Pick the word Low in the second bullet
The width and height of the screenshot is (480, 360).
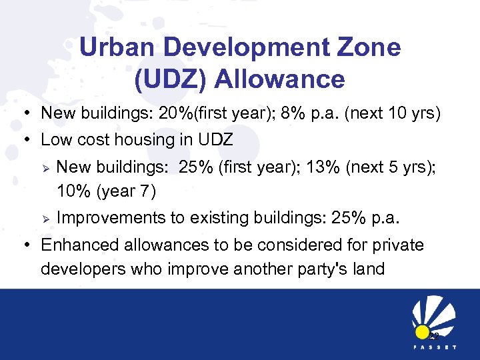55,140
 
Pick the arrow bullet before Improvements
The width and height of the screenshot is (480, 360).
46,218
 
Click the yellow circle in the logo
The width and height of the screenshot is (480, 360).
421,331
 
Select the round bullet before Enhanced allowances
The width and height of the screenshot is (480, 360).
27,245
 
